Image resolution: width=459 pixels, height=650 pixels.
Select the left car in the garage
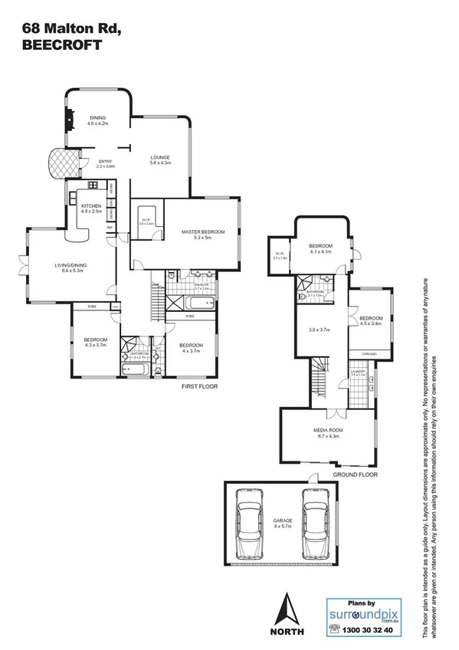coord(250,524)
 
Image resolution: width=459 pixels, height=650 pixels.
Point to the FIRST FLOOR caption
coord(199,386)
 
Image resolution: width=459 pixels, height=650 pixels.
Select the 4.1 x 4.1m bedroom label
coord(320,248)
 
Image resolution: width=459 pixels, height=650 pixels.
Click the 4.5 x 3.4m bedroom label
coord(370,320)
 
